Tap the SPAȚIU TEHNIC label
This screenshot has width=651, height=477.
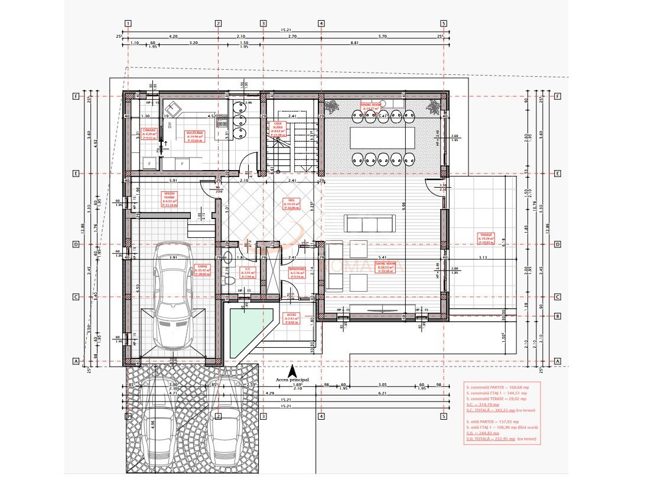170,198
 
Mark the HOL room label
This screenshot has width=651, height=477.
291,204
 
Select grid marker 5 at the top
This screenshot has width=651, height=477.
442,24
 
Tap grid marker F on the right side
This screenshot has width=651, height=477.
557,96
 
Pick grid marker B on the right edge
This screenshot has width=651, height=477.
557,316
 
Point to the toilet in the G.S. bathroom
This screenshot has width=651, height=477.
231,282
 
